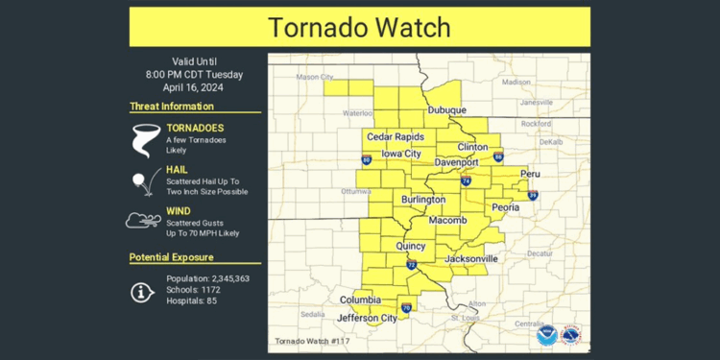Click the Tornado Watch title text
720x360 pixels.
(x=360, y=27)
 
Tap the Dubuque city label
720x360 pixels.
(x=446, y=110)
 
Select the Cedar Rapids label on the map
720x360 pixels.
(x=395, y=137)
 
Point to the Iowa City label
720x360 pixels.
(x=401, y=154)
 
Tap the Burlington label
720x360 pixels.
(x=422, y=200)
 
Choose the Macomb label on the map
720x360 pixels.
(x=446, y=221)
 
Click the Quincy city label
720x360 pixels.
(x=412, y=246)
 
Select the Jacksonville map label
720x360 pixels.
(x=471, y=259)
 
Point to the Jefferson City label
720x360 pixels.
(x=369, y=318)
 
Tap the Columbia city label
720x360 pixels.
(x=362, y=300)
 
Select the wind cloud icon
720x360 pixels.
(x=143, y=220)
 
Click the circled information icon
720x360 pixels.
(x=143, y=291)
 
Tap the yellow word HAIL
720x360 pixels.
(x=178, y=169)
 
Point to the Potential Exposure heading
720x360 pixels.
(x=172, y=257)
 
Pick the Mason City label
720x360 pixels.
(x=315, y=77)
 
